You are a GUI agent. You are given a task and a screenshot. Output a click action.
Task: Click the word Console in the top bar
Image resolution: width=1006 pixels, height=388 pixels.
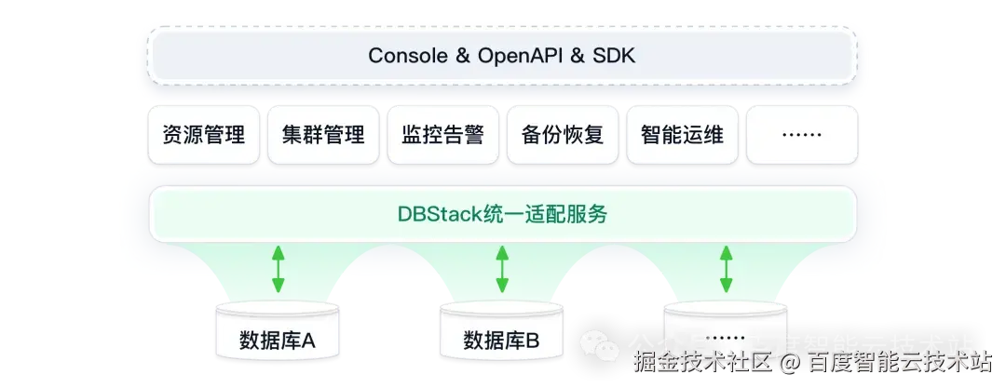407,56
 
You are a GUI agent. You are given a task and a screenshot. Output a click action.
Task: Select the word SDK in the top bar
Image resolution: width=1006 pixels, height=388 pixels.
615,56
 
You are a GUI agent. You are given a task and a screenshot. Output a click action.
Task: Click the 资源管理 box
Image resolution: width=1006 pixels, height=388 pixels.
202,136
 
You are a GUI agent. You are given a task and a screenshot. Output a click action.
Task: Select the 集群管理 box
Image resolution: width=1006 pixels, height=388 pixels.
322,136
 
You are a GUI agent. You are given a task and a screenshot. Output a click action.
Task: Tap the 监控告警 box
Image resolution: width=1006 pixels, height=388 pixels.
442,136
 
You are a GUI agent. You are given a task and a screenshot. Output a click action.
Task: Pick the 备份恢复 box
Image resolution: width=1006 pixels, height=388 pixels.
563,136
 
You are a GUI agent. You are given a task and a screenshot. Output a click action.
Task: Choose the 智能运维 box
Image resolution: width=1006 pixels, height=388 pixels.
682,136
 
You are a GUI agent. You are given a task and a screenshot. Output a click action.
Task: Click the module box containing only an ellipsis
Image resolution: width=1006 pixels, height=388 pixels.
801,136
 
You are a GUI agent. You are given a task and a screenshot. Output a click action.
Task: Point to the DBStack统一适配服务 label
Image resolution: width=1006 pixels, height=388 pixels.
502,215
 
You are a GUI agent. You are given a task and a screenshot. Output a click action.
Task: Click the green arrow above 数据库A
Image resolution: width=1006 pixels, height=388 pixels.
278,269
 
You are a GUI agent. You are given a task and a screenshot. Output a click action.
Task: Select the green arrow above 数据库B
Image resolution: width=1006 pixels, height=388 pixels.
502,269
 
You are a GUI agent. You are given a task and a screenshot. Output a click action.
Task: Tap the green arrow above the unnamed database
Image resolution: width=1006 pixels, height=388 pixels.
727,269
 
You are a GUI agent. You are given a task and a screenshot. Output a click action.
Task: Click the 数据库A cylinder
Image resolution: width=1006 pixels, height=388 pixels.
278,335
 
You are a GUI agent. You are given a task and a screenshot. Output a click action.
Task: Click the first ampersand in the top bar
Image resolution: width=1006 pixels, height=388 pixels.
463,56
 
